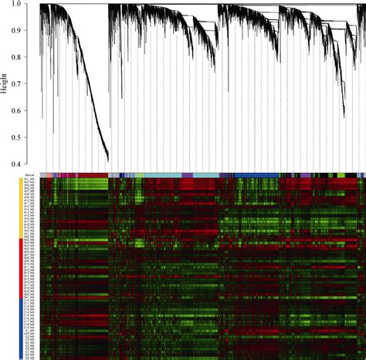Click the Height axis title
[5, 85]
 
